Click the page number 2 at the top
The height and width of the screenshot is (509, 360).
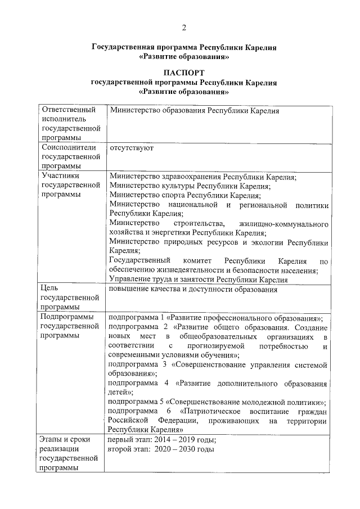coord(183,28)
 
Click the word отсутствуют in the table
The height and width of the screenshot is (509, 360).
coord(132,148)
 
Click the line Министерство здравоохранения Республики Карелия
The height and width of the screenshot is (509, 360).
coord(202,177)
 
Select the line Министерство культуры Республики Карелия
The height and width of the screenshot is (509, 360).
coord(190,186)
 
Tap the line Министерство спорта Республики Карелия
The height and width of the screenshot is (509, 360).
coord(185,195)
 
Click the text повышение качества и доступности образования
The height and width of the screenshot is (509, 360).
coord(194,289)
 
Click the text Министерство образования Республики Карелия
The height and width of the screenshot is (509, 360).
coord(195,111)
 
